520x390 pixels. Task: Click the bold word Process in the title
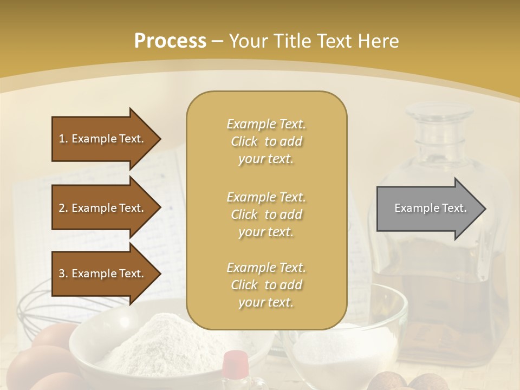tap(170, 41)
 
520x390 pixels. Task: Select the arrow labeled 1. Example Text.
tap(103, 139)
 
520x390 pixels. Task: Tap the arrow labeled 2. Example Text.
tap(103, 208)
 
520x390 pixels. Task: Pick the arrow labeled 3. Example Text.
tap(103, 274)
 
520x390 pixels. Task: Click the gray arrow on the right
tap(428, 209)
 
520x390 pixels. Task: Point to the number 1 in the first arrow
tap(62, 139)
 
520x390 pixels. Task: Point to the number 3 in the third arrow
tap(62, 274)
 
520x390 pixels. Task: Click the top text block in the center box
tap(266, 141)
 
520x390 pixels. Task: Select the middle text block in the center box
tap(266, 214)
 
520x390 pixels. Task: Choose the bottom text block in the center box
tap(266, 285)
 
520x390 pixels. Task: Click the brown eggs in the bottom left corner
tap(38, 363)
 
